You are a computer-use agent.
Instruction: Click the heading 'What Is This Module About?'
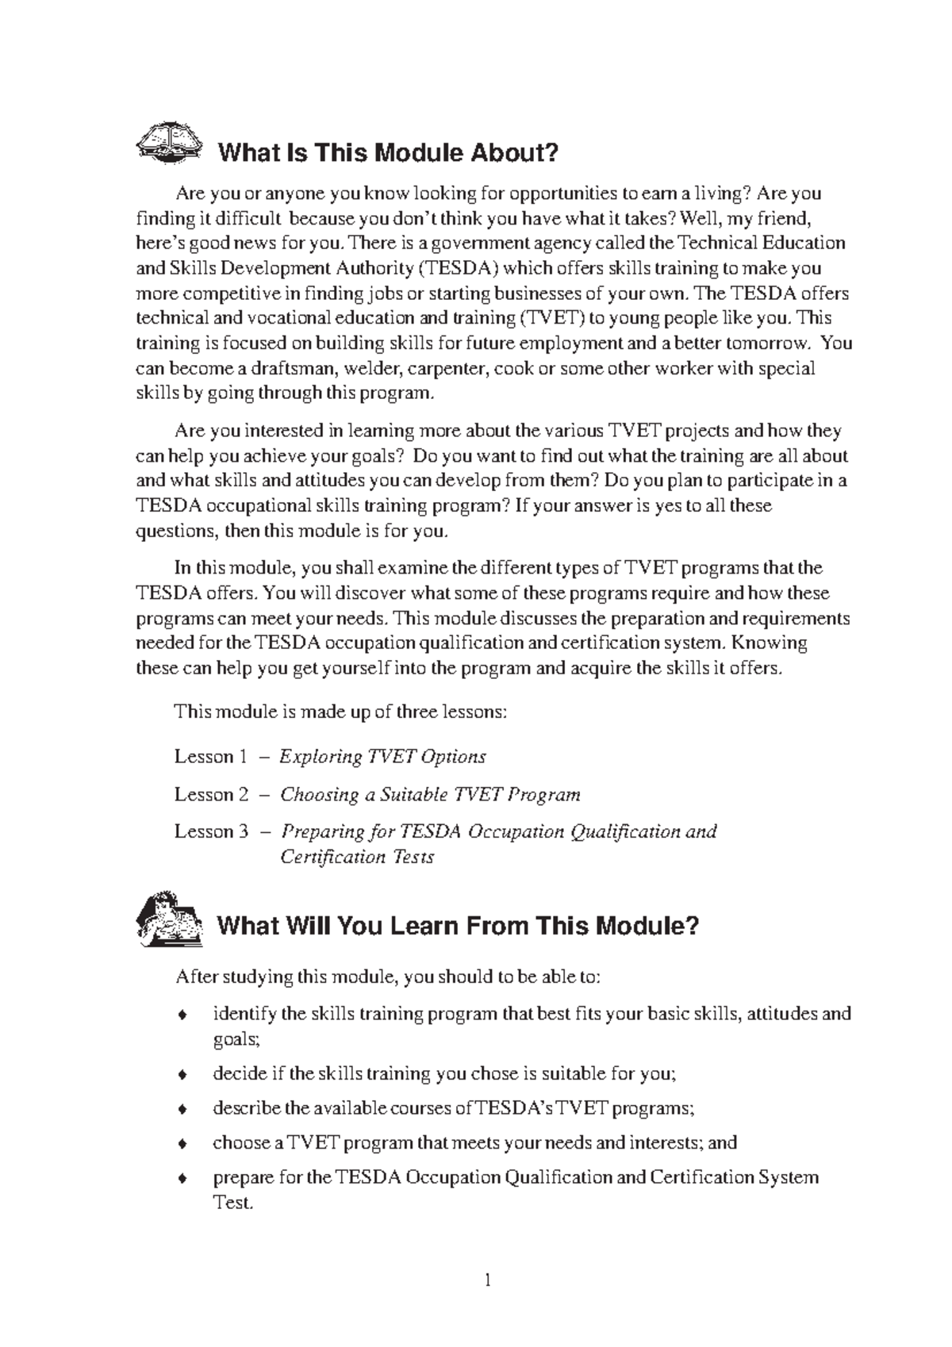[x=388, y=152]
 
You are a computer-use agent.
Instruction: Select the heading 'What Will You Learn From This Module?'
[x=458, y=925]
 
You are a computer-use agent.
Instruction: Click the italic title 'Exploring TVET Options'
[x=383, y=757]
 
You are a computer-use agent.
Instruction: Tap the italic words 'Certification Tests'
[x=358, y=858]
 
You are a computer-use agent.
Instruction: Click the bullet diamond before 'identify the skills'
[x=182, y=1015]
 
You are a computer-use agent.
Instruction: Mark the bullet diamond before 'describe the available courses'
[x=182, y=1109]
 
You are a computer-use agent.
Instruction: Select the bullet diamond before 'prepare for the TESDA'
[x=182, y=1179]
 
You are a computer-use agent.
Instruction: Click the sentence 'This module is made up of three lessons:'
[x=340, y=712]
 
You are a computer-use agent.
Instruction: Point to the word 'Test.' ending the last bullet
[x=232, y=1203]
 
